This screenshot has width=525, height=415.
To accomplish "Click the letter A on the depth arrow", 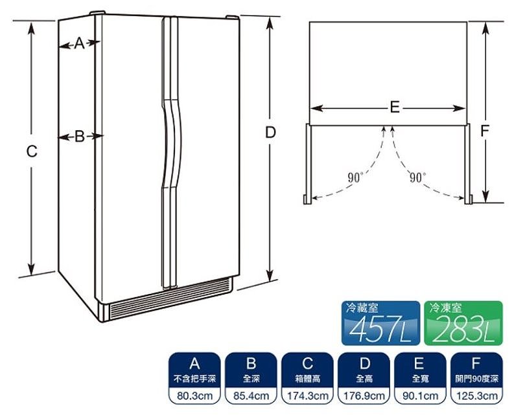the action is [79, 43].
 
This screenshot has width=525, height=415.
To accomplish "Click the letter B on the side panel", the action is [80, 136].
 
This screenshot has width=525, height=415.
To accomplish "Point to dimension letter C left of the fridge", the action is [32, 151].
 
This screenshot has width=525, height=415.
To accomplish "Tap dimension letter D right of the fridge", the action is [270, 133].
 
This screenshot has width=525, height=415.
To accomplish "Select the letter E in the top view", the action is [395, 107].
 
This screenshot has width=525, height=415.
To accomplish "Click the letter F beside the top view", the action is [485, 131].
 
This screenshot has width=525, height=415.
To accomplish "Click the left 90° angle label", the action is [356, 177].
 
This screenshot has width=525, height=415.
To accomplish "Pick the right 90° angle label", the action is [418, 177].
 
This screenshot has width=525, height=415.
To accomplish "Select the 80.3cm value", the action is [194, 396].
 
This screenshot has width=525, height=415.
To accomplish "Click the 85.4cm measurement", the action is [251, 396].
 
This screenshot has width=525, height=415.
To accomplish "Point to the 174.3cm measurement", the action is [308, 396].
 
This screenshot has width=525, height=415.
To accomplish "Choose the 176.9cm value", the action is [364, 396].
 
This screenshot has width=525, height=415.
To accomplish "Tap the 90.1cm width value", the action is [421, 396].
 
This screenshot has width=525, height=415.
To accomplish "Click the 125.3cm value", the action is [477, 396].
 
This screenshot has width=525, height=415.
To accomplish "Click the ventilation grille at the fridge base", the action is [170, 298].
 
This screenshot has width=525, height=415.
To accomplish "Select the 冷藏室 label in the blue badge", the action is [362, 308].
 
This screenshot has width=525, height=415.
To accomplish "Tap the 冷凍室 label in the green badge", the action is [445, 308].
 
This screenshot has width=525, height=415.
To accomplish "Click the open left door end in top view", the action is [307, 199].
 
